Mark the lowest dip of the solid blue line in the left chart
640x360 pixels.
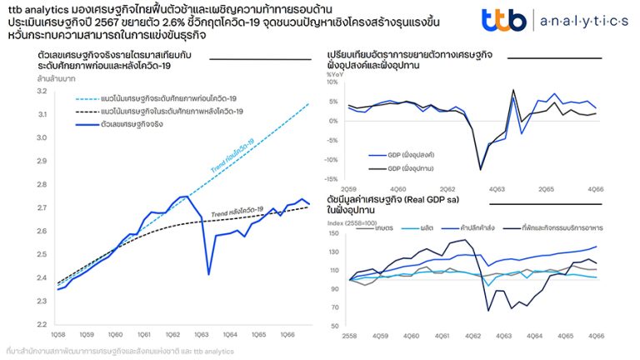[208, 274]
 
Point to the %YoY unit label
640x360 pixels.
[337, 75]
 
